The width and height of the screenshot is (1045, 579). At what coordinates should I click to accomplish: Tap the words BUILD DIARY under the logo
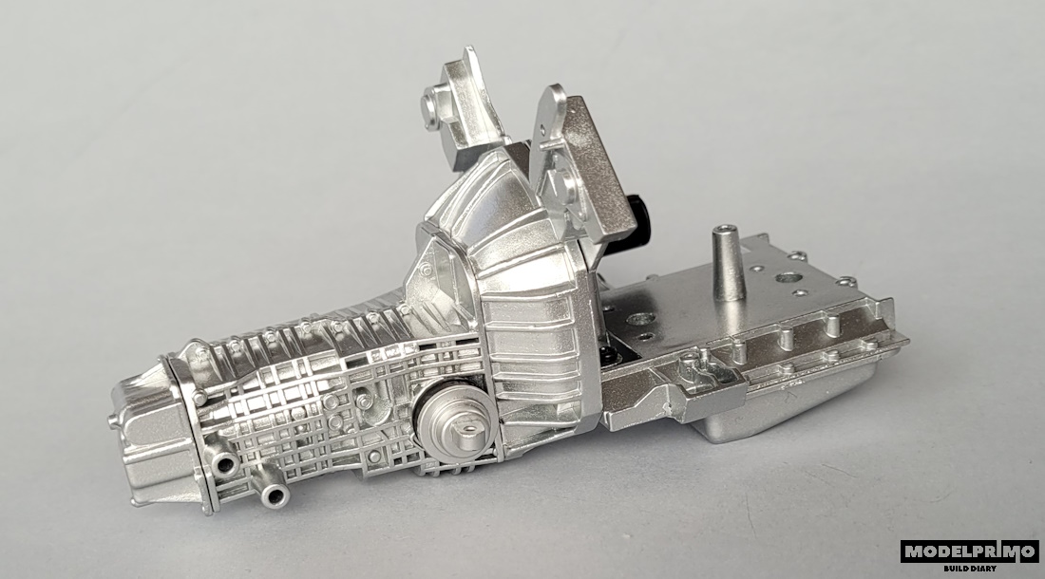[x=970, y=569]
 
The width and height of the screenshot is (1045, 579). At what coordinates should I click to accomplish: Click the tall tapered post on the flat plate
[x=727, y=264]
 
